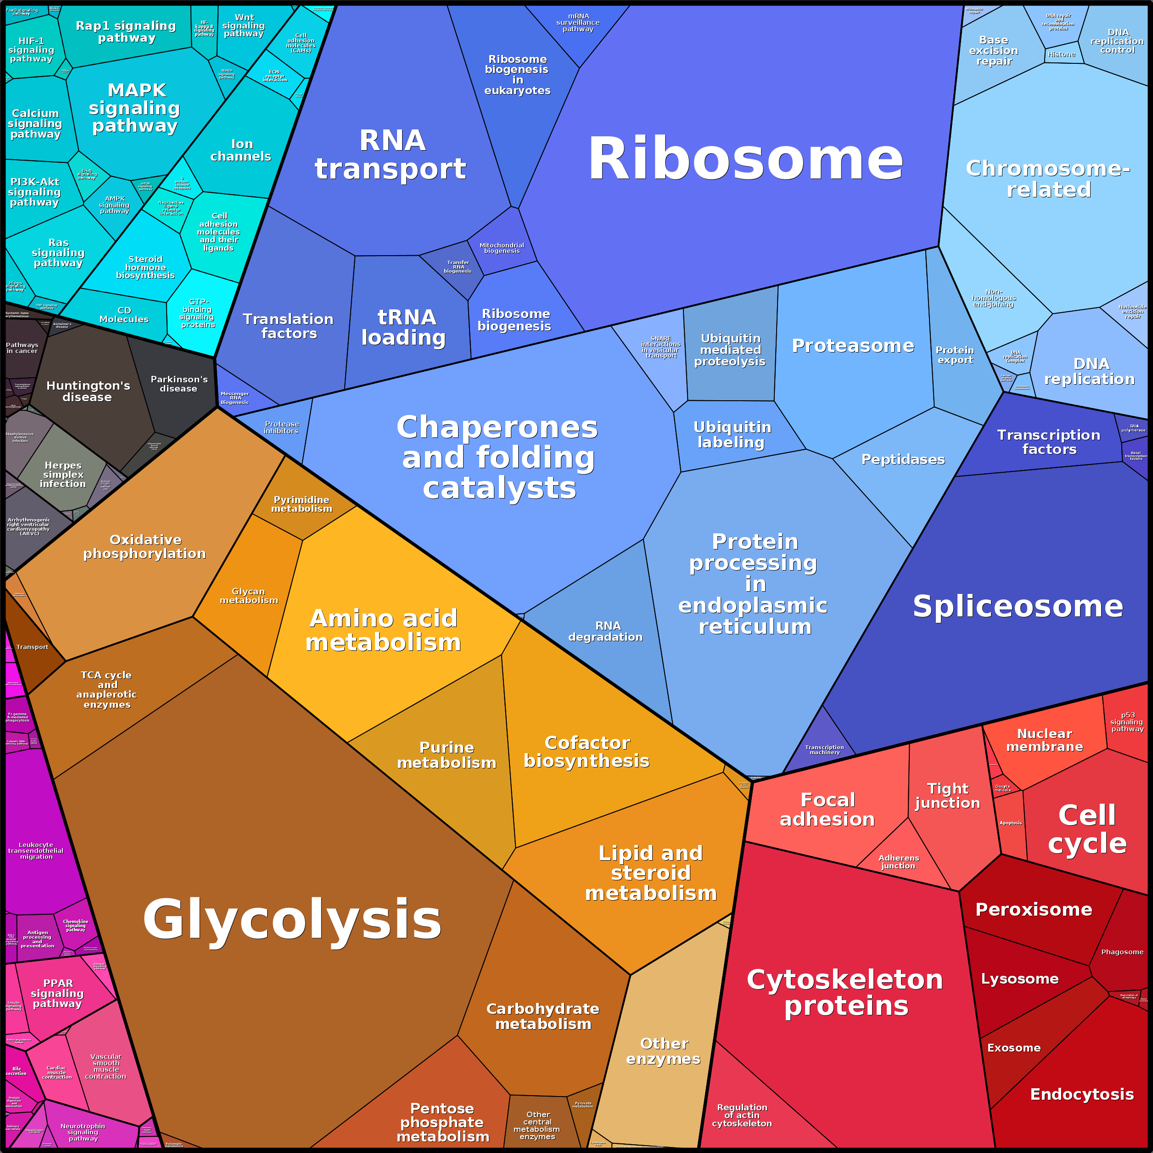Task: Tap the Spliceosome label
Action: coord(1018,606)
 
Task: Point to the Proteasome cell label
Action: coord(852,346)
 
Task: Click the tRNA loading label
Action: coord(404,327)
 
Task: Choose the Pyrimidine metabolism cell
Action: coord(302,504)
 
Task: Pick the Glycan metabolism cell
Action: coord(249,596)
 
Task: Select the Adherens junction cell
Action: coord(898,862)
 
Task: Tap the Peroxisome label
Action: coord(1034,910)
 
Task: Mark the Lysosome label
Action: coord(1020,979)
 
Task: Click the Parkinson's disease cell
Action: coord(179,384)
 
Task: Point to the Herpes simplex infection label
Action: coord(63,475)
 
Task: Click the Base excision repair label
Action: coord(994,51)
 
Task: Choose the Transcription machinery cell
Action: coord(824,750)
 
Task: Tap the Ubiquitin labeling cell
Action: coord(732,435)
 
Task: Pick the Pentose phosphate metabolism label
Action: coord(443,1122)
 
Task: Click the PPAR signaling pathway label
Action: coord(58,993)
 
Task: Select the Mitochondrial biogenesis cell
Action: coord(501,248)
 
